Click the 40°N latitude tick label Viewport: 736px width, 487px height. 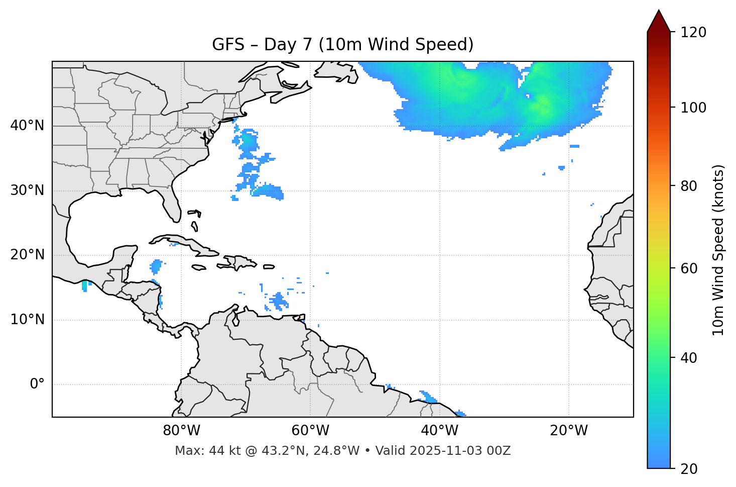point(27,126)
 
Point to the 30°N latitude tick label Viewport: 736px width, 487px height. point(27,190)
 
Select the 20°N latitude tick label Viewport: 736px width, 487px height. point(27,255)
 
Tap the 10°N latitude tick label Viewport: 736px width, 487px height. point(27,320)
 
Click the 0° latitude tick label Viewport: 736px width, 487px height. point(37,384)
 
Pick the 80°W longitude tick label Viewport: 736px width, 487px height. point(181,431)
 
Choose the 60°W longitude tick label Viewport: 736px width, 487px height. point(310,431)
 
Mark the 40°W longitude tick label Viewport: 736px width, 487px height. point(440,431)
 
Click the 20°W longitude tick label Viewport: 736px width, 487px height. point(569,431)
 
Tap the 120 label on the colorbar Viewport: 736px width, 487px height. point(693,33)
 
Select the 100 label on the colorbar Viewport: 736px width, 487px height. point(693,108)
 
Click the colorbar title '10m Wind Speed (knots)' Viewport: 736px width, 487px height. point(718,250)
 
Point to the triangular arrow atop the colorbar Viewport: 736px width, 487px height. point(659,22)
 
